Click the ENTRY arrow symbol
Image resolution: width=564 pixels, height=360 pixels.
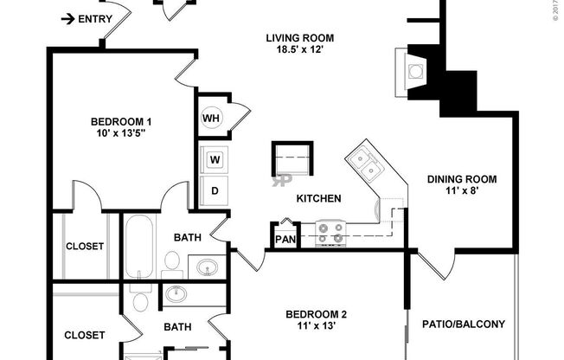66,18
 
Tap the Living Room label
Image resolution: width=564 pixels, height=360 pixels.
299,37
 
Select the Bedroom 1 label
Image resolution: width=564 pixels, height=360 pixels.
121,121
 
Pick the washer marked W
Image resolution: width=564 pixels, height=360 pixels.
214,159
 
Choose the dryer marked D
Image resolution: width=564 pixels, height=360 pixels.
214,190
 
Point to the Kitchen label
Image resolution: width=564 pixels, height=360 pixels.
318,198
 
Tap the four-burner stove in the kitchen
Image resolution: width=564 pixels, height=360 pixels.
330,233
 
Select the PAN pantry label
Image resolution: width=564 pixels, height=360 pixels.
285,240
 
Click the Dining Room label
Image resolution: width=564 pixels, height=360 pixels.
462,179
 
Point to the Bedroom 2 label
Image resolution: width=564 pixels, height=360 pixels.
316,314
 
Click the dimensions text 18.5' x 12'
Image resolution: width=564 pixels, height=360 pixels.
299,49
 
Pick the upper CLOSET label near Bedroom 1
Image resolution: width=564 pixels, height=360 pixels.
85,246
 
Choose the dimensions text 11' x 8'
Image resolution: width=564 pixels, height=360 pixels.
462,191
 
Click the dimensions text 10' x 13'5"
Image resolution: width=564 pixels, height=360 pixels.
121,133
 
